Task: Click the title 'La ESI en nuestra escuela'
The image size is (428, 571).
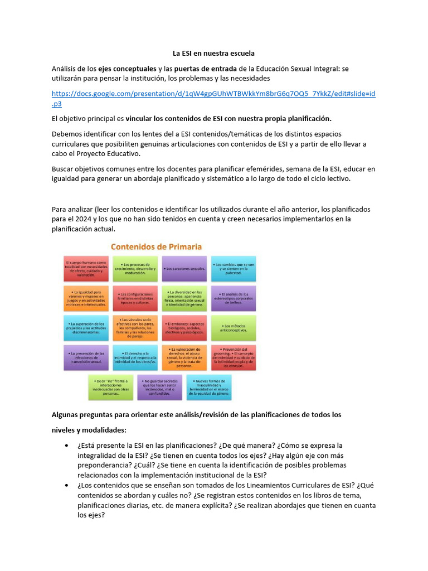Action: coord(213,54)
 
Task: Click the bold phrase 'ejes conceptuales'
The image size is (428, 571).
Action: coord(127,69)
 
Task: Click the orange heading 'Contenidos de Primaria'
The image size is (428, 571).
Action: coord(157,246)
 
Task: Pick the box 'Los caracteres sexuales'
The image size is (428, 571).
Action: coord(184,268)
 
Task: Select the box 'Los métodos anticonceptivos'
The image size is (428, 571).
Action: coord(234,328)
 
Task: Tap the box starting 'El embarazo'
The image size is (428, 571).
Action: coord(184,328)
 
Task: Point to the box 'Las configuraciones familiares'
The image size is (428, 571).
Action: coord(135,298)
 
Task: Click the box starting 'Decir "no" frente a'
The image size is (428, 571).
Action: coord(110,387)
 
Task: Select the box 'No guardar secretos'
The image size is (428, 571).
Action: coord(159,387)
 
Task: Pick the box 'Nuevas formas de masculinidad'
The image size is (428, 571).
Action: coord(209,387)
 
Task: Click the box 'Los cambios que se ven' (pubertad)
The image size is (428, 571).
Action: coord(234,268)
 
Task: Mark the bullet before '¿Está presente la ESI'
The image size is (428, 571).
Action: coord(67,446)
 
